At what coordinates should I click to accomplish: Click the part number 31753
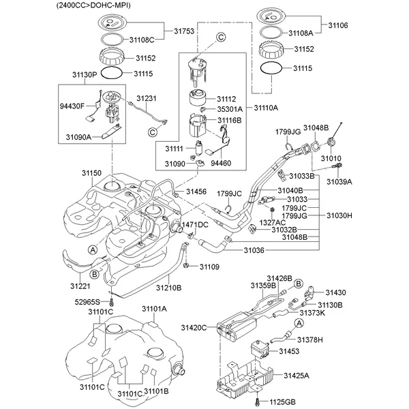[x=184, y=31]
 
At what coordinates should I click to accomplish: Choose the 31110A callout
[x=267, y=108]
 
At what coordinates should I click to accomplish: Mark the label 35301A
[x=230, y=108]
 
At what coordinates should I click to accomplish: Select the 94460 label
[x=222, y=164]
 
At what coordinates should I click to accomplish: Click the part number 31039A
[x=339, y=182]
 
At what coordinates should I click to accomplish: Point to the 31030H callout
[x=339, y=215]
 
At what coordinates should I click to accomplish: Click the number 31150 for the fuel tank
[x=92, y=175]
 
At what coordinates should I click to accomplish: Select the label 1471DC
[x=194, y=224]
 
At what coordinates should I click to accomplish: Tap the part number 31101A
[x=154, y=309]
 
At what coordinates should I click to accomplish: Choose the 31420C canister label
[x=194, y=328]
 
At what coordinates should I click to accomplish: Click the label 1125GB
[x=281, y=402]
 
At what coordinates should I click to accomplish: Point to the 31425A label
[x=297, y=376]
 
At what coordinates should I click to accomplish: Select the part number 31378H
[x=310, y=339]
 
